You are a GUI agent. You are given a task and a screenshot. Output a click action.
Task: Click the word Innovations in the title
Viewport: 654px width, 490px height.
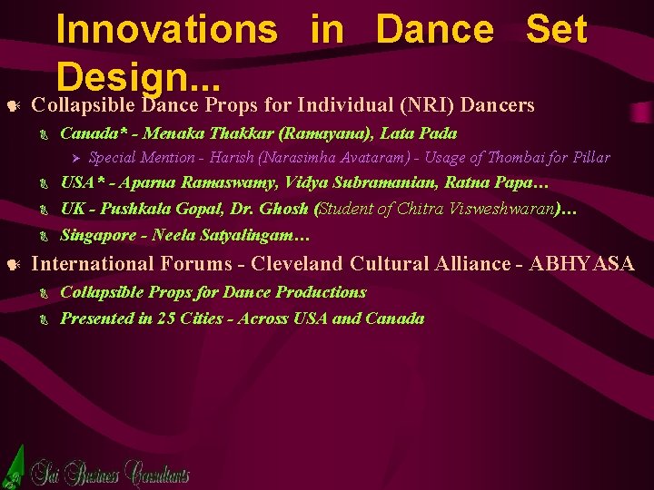pyautogui.click(x=166, y=29)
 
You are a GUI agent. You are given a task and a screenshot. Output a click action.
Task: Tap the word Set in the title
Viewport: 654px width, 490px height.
pyautogui.click(x=556, y=29)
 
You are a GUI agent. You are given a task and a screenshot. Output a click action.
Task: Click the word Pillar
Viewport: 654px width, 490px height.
pyautogui.click(x=590, y=157)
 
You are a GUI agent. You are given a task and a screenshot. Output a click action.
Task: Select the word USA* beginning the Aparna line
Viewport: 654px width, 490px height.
pyautogui.click(x=81, y=181)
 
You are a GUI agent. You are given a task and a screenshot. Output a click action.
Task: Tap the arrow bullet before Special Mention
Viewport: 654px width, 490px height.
pyautogui.click(x=76, y=158)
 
